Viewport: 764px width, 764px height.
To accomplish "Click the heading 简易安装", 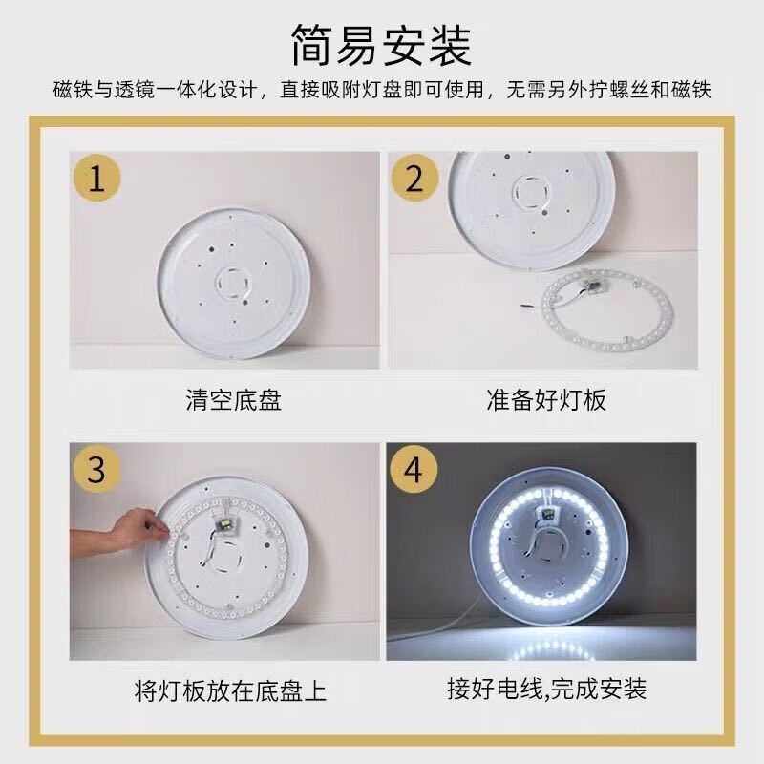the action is [x=382, y=46].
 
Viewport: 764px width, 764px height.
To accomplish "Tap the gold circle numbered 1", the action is [x=96, y=179].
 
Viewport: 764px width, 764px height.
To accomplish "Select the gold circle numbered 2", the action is [x=414, y=179].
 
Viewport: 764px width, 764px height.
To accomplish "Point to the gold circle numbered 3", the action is [x=96, y=469].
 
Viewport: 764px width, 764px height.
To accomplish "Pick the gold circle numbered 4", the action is [x=414, y=469].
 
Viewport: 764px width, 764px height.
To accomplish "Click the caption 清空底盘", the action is [x=233, y=400].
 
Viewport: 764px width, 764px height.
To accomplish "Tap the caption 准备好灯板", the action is [x=546, y=400].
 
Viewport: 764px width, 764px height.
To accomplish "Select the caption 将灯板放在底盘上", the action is [x=230, y=690].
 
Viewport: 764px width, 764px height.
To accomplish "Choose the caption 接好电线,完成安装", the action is [x=546, y=689].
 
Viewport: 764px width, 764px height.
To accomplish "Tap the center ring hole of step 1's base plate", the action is [x=232, y=283].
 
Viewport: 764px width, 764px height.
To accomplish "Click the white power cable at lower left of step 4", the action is [x=433, y=632].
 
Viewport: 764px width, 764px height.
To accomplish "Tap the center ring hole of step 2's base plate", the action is [x=532, y=191].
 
